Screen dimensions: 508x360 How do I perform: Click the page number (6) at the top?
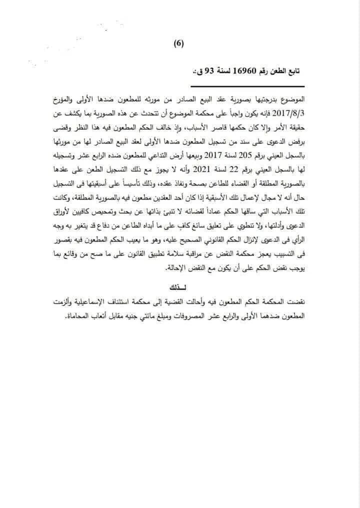179,43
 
